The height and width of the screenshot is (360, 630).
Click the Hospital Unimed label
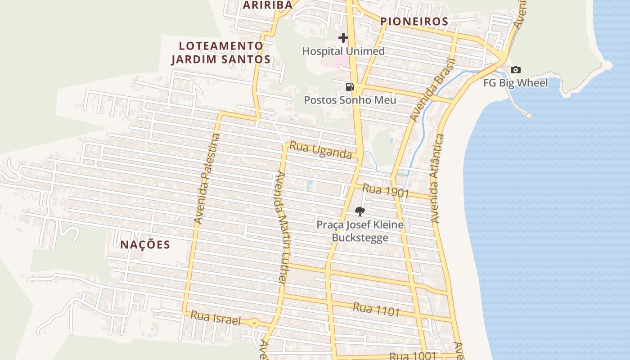tap(343, 51)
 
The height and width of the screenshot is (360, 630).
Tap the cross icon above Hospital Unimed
tap(343, 38)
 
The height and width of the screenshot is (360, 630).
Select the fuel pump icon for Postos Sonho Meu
tap(350, 87)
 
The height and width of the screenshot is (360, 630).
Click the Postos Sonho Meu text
tap(350, 100)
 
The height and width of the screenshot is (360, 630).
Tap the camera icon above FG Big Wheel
tap(516, 70)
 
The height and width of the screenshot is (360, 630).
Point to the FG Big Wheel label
tap(516, 83)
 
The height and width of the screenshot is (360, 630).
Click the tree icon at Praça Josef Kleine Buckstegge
tap(360, 211)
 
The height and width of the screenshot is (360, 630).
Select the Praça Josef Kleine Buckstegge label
tap(360, 231)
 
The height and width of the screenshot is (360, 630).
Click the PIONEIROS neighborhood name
tap(414, 22)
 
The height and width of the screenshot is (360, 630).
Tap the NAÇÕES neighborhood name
tap(145, 245)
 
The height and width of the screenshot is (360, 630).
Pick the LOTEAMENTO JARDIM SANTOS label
tap(220, 53)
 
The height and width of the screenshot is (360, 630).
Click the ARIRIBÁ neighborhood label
tap(268, 5)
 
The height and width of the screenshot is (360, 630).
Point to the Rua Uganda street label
tap(320, 150)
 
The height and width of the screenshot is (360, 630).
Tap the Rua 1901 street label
tap(386, 191)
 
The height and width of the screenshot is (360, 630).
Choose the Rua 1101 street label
tap(376, 309)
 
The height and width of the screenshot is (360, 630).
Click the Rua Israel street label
tap(216, 318)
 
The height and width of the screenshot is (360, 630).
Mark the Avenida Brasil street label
tap(432, 90)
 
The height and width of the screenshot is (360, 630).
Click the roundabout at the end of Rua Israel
tap(255, 323)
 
